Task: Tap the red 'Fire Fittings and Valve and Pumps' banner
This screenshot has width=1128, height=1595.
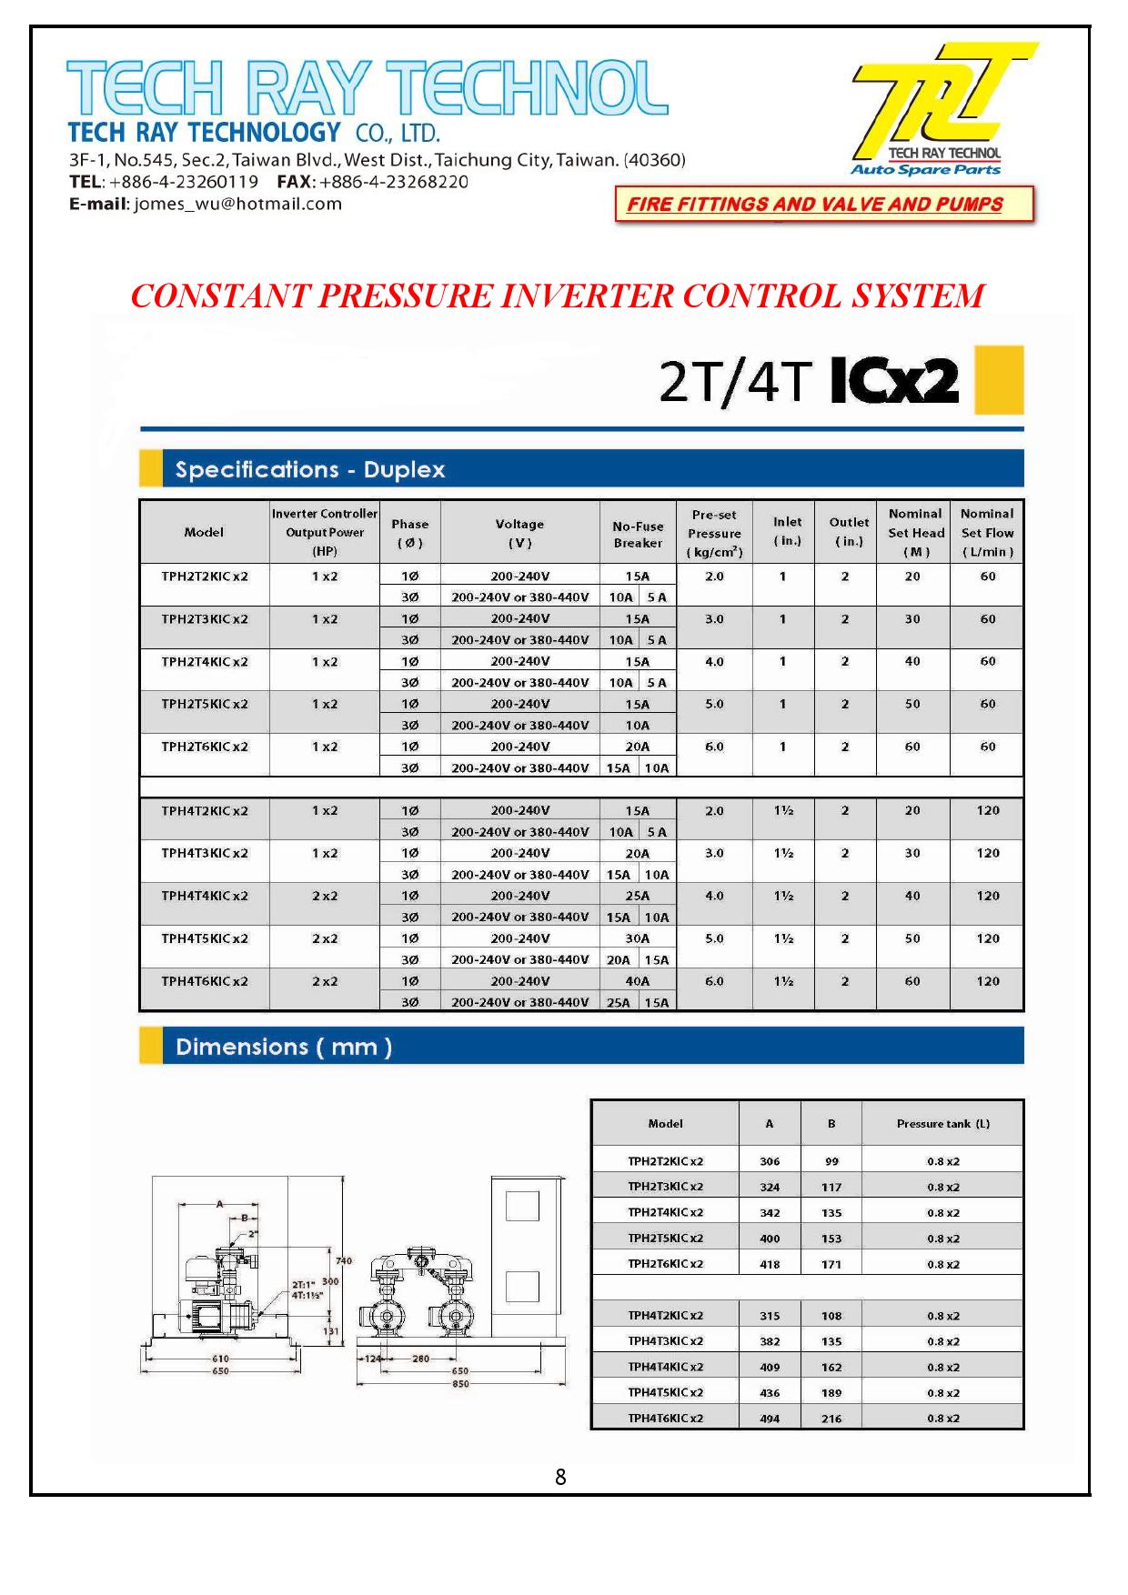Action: click(824, 204)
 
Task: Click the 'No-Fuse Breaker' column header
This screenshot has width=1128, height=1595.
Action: click(637, 535)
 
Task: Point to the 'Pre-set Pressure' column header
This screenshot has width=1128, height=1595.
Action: click(714, 533)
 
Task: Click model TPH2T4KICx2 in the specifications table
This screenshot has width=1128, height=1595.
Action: click(204, 662)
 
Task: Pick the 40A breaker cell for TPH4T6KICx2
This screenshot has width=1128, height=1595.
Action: click(637, 981)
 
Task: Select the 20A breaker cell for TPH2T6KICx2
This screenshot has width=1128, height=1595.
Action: click(637, 747)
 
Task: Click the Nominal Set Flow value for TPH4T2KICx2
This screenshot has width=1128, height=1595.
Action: click(987, 810)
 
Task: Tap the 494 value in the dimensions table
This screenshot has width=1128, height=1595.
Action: click(770, 1419)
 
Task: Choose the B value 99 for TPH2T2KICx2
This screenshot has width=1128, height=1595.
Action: click(831, 1161)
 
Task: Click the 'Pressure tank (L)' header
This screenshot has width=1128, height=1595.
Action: click(942, 1124)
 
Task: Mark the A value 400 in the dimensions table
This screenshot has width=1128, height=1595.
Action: click(770, 1239)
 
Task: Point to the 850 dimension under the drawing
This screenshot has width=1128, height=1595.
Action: click(460, 1384)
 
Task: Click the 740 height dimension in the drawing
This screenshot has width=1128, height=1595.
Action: click(343, 1260)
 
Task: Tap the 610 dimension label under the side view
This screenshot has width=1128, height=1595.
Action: click(220, 1359)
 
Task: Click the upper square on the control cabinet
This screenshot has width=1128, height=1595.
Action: click(522, 1207)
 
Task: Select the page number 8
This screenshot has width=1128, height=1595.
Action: click(560, 1477)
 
